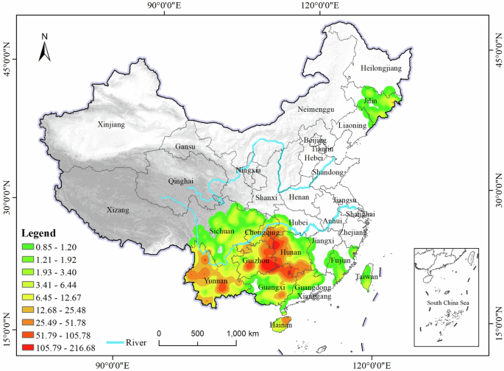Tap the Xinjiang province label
coord(111,125)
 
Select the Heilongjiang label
coord(382,68)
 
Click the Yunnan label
coord(215,281)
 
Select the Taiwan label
coord(367,277)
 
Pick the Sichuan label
coord(221,231)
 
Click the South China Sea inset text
coord(448,303)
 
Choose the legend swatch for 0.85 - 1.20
coord(29,246)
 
